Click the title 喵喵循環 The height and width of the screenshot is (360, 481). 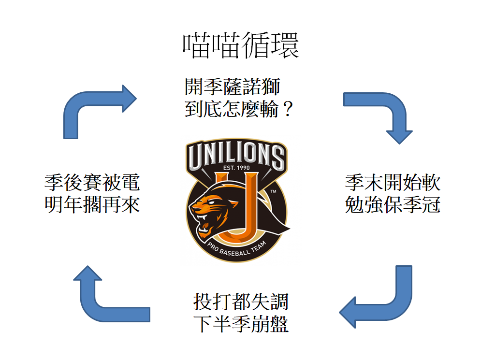point(240,46)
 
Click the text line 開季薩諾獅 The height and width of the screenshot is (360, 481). point(232,88)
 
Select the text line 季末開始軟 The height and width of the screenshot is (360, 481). point(392,183)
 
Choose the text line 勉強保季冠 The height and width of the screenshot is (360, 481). point(392,205)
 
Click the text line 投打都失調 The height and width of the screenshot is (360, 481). point(240,302)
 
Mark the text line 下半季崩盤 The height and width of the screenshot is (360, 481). point(240,324)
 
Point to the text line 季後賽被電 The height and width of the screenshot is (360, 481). point(92,183)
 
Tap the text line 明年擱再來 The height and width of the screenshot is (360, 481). point(92,205)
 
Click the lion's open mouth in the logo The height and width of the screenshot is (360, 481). point(204,223)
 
